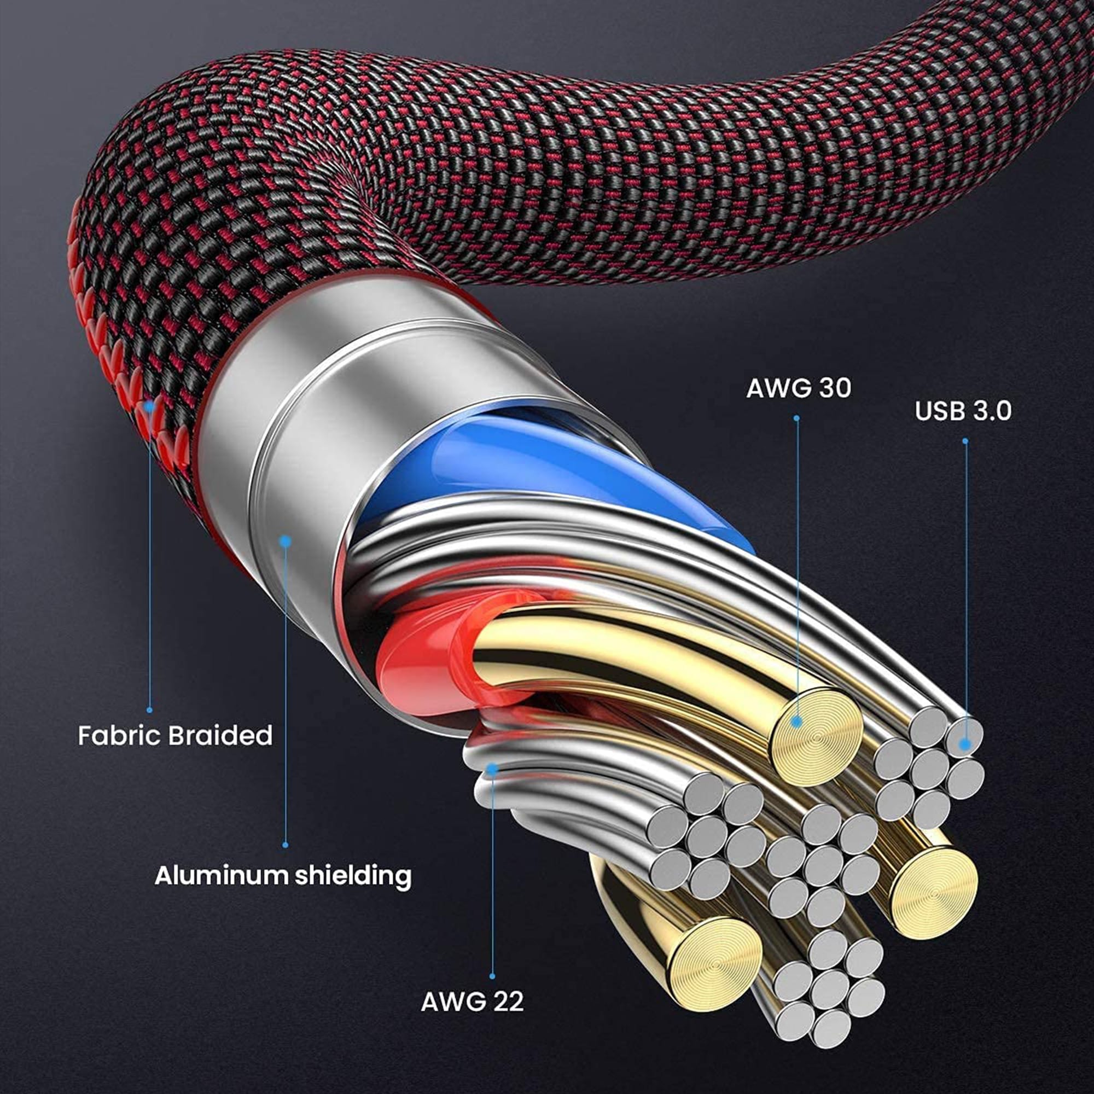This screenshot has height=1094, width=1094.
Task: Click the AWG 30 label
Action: point(799,388)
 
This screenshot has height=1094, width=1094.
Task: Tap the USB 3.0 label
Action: point(963,411)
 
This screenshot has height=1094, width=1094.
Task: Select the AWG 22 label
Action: point(472,1002)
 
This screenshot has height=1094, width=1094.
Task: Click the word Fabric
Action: point(118,736)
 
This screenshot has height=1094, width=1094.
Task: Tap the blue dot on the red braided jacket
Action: point(149,406)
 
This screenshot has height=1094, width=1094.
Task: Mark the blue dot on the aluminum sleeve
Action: point(286,542)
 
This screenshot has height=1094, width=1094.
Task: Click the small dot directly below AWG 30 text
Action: point(796,418)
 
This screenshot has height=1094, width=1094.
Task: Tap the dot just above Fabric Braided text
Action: point(149,710)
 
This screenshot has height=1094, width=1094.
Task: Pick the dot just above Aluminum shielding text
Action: point(286,846)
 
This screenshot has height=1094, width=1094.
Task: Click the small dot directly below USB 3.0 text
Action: point(965,440)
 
